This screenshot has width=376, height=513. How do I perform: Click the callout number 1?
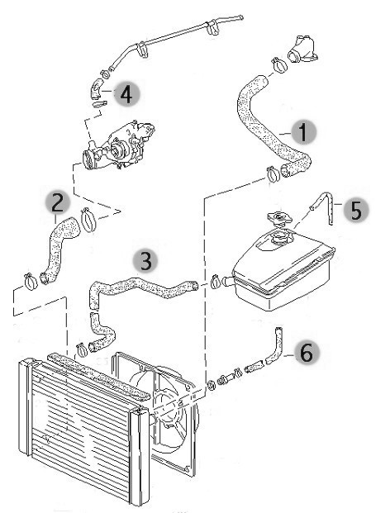pos(303,132)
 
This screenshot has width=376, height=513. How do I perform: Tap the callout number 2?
pos(58,202)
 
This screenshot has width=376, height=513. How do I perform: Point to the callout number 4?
pos(127,94)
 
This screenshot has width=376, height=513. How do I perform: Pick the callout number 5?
pos(356,210)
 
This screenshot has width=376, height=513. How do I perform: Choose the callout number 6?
pos(307,353)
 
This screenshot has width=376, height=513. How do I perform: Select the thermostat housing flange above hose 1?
pos(302,48)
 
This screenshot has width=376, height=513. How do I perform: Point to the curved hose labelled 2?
pos(59,249)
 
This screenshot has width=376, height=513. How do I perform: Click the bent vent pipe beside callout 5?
pos(325,206)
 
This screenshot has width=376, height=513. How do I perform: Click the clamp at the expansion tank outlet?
pos(216,282)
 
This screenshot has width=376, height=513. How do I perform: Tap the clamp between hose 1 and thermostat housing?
pos(279,64)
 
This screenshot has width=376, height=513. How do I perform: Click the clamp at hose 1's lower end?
pos(272,174)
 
